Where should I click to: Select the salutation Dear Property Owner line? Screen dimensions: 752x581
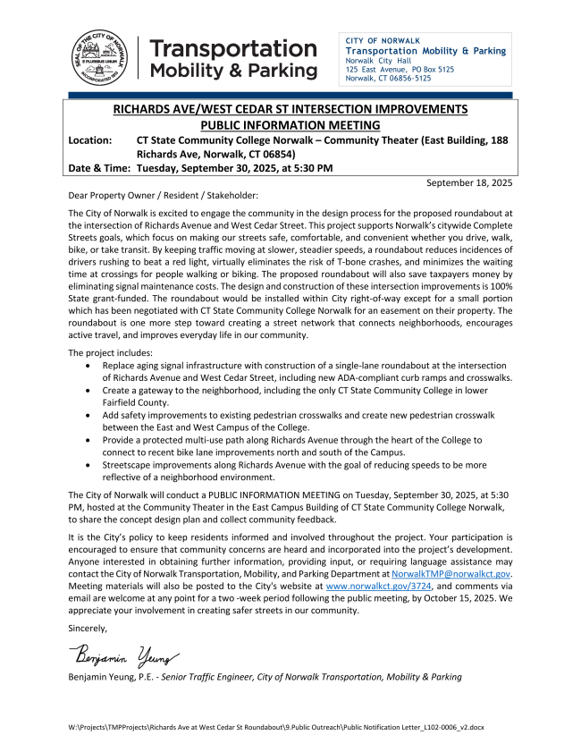pos(163,195)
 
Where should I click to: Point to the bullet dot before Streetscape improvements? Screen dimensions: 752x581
pos(86,465)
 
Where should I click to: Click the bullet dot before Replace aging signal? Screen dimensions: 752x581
pos(86,367)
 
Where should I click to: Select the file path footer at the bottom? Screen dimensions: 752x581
pos(276,728)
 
